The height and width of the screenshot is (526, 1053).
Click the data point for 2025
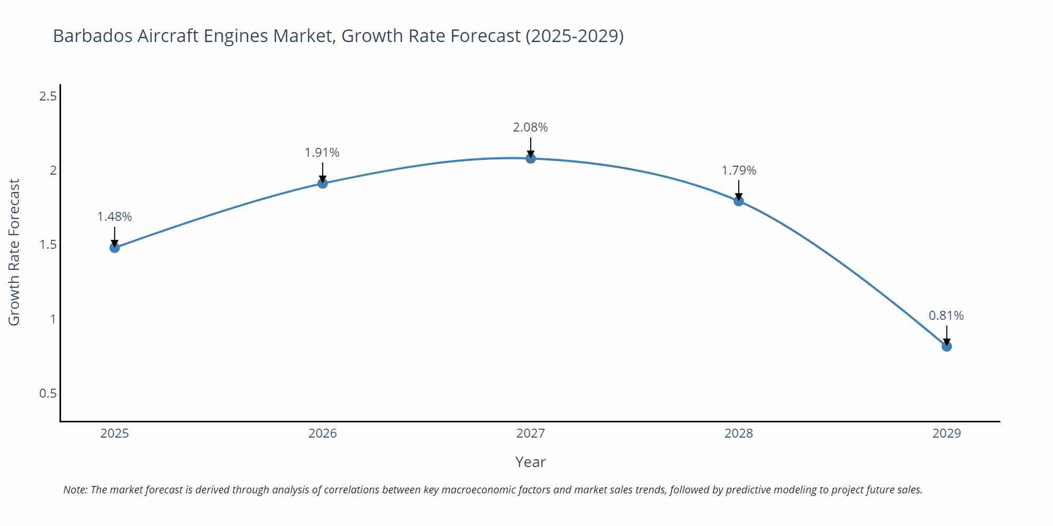point(115,248)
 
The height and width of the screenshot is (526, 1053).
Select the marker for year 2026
point(323,184)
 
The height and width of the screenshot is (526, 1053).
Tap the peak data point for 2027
point(531,158)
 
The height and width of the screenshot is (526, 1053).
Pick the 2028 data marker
point(739,201)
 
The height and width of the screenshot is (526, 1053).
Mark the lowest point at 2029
point(947,347)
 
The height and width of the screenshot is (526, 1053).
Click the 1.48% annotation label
point(115,217)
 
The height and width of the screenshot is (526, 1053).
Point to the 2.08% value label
point(531,127)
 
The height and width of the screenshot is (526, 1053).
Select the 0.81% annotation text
point(946,316)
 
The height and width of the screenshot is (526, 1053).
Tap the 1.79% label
point(739,170)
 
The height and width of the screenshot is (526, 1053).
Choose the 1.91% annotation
point(322,153)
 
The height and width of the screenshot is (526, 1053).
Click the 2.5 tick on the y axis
point(48,96)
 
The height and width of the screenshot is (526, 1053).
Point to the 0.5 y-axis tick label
point(48,393)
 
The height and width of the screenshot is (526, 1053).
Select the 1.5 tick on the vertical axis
point(48,245)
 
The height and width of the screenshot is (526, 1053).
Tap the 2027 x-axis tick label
point(531,433)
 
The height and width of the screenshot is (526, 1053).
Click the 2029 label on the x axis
point(947,433)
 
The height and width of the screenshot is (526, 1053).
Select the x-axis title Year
point(531,462)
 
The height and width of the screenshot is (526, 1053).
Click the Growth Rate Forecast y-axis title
point(14,252)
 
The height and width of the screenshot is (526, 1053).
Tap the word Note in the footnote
point(75,490)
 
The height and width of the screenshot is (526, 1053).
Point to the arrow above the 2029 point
point(947,335)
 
